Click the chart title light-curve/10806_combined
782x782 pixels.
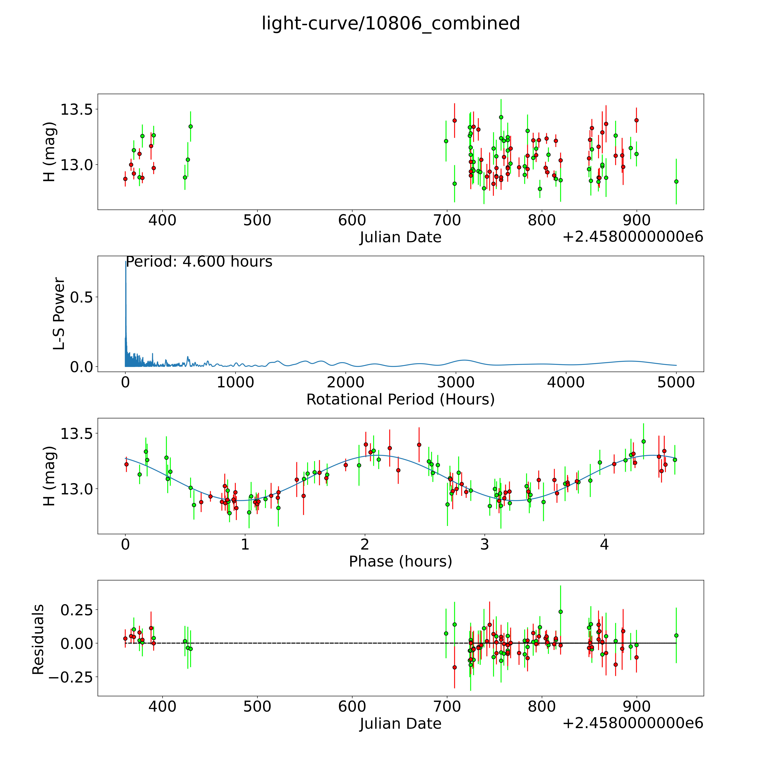click(x=391, y=23)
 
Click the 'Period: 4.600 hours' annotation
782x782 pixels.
click(x=199, y=262)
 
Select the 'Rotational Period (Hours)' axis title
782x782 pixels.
click(x=400, y=400)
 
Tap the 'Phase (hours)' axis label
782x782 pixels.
click(x=400, y=561)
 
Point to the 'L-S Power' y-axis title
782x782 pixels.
click(x=59, y=314)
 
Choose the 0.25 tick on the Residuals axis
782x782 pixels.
click(x=76, y=610)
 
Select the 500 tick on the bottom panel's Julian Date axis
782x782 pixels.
click(x=257, y=707)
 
